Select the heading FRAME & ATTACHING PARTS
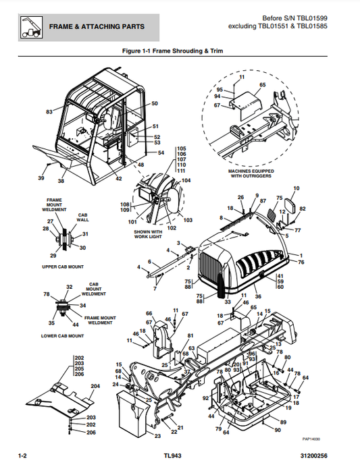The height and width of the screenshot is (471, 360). tap(96, 27)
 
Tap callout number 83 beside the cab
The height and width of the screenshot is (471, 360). tap(49, 111)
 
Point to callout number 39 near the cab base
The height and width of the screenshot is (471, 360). tap(41, 178)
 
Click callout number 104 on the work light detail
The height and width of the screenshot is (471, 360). tap(186, 180)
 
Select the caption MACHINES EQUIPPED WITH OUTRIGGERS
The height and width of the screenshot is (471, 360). tap(249, 174)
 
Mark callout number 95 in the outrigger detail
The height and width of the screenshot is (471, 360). tap(219, 90)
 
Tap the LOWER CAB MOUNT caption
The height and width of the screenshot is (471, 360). tap(61, 335)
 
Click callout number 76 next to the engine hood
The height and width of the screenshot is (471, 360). tap(301, 262)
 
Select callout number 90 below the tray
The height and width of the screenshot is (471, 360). tap(277, 429)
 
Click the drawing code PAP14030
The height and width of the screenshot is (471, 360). tap(330, 437)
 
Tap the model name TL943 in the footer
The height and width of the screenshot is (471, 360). tap(173, 457)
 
